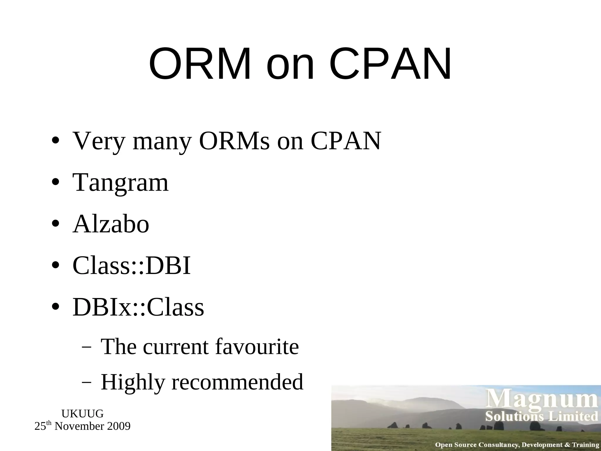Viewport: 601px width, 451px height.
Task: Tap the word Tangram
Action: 121,183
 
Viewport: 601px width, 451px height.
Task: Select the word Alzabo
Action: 111,224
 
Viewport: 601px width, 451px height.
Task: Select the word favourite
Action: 257,347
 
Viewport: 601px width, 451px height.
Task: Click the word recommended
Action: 237,382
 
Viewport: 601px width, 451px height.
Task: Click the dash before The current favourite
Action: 86,348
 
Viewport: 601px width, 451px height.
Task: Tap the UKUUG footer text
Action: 82,414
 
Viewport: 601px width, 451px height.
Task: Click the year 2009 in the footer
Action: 119,426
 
